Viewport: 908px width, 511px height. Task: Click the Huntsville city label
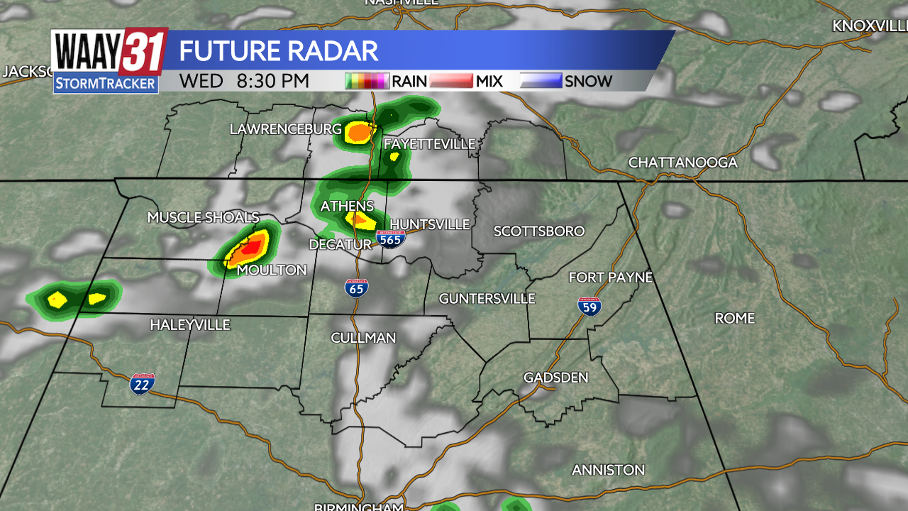coord(430,224)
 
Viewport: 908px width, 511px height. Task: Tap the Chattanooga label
coord(682,163)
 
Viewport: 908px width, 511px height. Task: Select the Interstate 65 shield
coord(356,287)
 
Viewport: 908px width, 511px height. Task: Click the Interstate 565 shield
coord(390,238)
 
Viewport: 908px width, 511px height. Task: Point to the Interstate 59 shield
coord(589,306)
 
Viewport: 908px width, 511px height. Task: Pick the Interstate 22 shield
coord(142,384)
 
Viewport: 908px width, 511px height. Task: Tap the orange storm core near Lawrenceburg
coord(360,131)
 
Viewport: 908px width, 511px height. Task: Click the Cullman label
coord(363,338)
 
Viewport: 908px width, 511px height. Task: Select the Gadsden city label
coord(555,377)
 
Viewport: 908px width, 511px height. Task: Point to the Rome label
coord(734,318)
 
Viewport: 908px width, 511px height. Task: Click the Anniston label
coord(608,470)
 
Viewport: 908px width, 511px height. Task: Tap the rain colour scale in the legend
coord(367,81)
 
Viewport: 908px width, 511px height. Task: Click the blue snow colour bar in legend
coord(541,81)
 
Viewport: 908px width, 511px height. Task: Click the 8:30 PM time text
coord(273,81)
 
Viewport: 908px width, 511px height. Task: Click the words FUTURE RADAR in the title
coord(278,51)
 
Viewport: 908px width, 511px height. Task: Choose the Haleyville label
coord(190,325)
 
